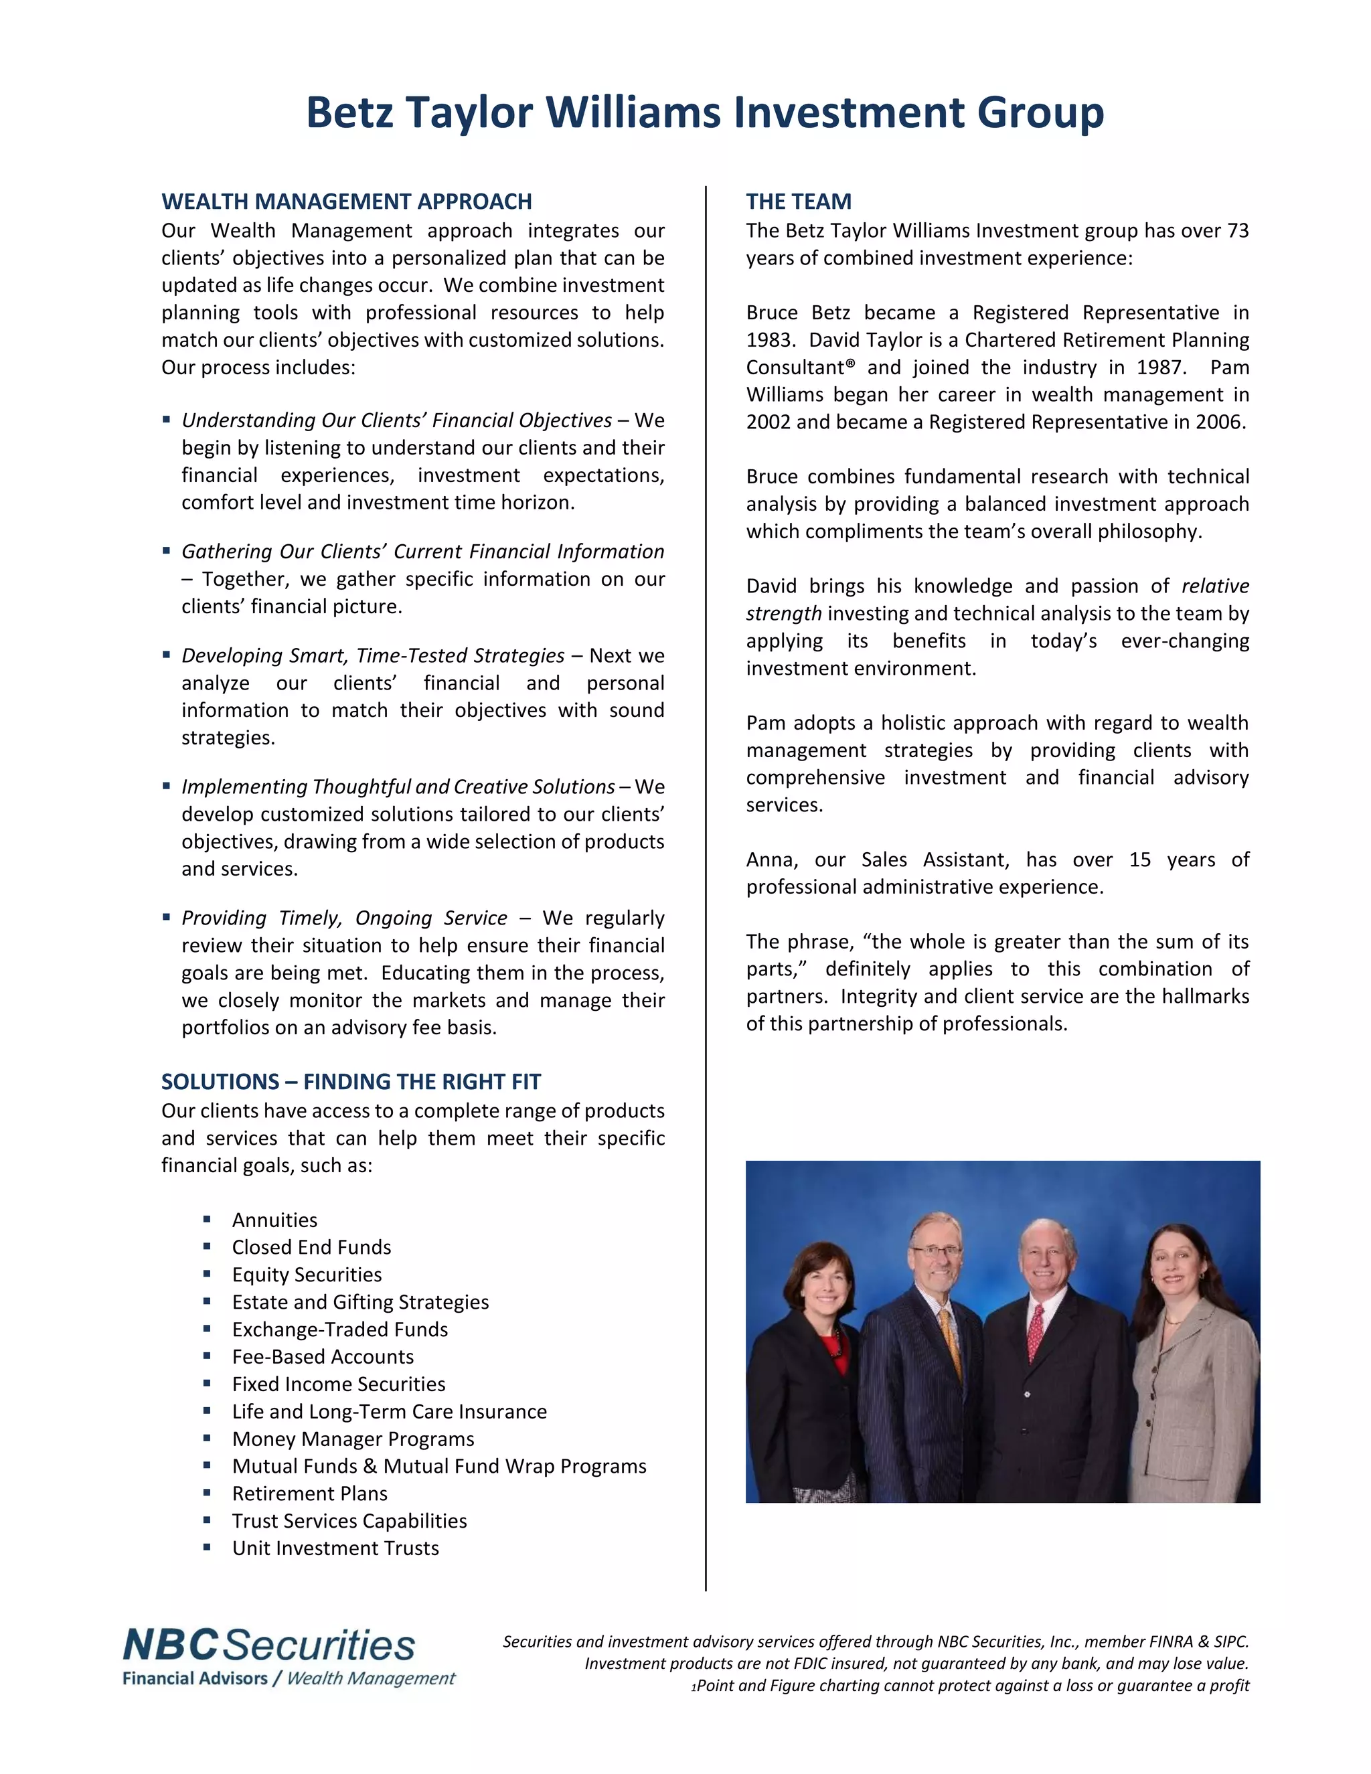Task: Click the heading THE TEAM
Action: pos(799,201)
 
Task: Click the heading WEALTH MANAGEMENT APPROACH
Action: pos(347,201)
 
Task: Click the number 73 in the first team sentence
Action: pos(1237,232)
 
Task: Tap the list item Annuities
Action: pos(274,1220)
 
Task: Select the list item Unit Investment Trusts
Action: pos(335,1548)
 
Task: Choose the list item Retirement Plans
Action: pos(309,1494)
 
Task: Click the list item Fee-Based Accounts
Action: pos(323,1356)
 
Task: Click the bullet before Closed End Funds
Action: pos(207,1247)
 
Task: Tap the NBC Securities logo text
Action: pos(269,1645)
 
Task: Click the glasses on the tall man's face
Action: pos(936,1252)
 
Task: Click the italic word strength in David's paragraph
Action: pos(783,614)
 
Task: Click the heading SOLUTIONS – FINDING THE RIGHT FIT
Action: pos(351,1082)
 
